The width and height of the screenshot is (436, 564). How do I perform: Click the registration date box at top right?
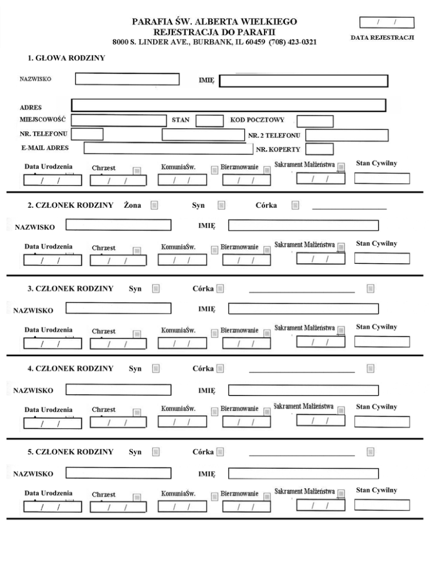point(387,23)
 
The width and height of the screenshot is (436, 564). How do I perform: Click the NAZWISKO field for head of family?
point(127,79)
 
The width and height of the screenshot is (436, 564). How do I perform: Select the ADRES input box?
point(228,106)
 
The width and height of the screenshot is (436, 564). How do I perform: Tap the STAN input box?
point(209,121)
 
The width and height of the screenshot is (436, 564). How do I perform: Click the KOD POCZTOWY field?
point(315,121)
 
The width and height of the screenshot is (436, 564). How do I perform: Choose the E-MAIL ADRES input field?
point(168,148)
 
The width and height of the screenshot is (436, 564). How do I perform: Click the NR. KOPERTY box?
point(319,149)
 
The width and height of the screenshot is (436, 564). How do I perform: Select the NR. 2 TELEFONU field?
point(347,136)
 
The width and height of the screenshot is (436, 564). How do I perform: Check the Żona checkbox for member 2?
point(154,205)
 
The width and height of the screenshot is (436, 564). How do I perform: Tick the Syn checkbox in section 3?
point(156,289)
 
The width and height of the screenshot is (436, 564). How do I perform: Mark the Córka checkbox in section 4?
point(220,369)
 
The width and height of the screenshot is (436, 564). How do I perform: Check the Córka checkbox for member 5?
point(220,452)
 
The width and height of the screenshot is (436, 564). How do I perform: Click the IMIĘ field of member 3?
point(303,309)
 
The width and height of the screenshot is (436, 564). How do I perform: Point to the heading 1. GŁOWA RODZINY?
point(66,58)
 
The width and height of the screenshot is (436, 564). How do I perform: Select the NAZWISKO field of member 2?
point(118,225)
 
